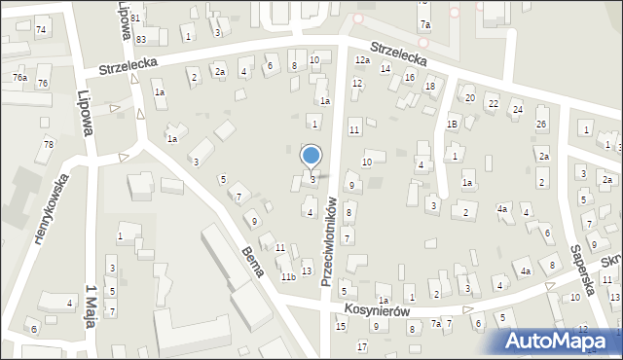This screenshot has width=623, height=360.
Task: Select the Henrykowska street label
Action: coord(50,208)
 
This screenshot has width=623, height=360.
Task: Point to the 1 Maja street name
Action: coord(92,307)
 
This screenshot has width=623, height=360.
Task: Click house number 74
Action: coord(41,30)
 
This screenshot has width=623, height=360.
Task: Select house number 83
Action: coord(141,39)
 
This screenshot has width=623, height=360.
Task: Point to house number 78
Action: coord(48,145)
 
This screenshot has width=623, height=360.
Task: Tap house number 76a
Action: coord(19,77)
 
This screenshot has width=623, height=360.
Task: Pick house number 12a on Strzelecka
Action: coord(362,60)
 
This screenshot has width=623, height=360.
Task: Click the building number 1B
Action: coord(452,125)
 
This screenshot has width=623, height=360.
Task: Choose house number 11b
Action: coord(288,277)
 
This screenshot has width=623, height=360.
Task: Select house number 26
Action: coord(541,124)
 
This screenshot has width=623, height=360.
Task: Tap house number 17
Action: coord(361,347)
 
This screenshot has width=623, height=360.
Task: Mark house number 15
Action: coord(341,326)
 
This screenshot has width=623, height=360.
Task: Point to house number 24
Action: coord(517,110)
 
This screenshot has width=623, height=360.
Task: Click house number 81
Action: coord(135,18)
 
